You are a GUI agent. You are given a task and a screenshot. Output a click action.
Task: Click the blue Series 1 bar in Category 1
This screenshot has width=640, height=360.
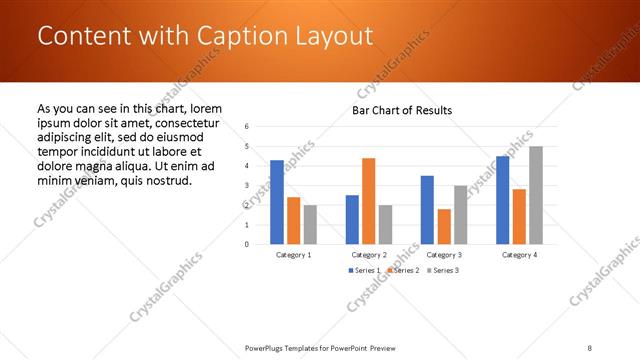pos(277,202)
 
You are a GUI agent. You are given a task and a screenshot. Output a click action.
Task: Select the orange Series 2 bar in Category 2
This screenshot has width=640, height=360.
pos(369,201)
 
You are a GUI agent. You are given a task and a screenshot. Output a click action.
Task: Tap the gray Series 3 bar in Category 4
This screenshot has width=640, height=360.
pos(536,195)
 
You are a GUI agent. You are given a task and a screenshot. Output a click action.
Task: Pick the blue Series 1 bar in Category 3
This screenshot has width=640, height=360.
pos(427,210)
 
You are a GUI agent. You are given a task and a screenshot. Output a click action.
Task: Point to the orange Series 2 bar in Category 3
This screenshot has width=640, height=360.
pos(444,227)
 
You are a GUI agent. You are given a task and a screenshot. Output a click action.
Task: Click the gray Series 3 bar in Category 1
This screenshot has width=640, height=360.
pos(310,225)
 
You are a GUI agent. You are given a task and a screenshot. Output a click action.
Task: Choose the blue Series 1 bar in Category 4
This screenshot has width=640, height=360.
pos(502,200)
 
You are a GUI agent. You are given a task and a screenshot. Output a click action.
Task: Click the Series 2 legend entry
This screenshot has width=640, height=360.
pos(401,271)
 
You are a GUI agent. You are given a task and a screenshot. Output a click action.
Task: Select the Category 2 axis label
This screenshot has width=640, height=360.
pos(369,255)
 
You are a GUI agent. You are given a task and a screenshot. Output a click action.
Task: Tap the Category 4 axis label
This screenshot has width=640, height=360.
pos(519,255)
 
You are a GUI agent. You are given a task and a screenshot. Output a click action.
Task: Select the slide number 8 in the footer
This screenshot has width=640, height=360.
pos(590,347)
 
